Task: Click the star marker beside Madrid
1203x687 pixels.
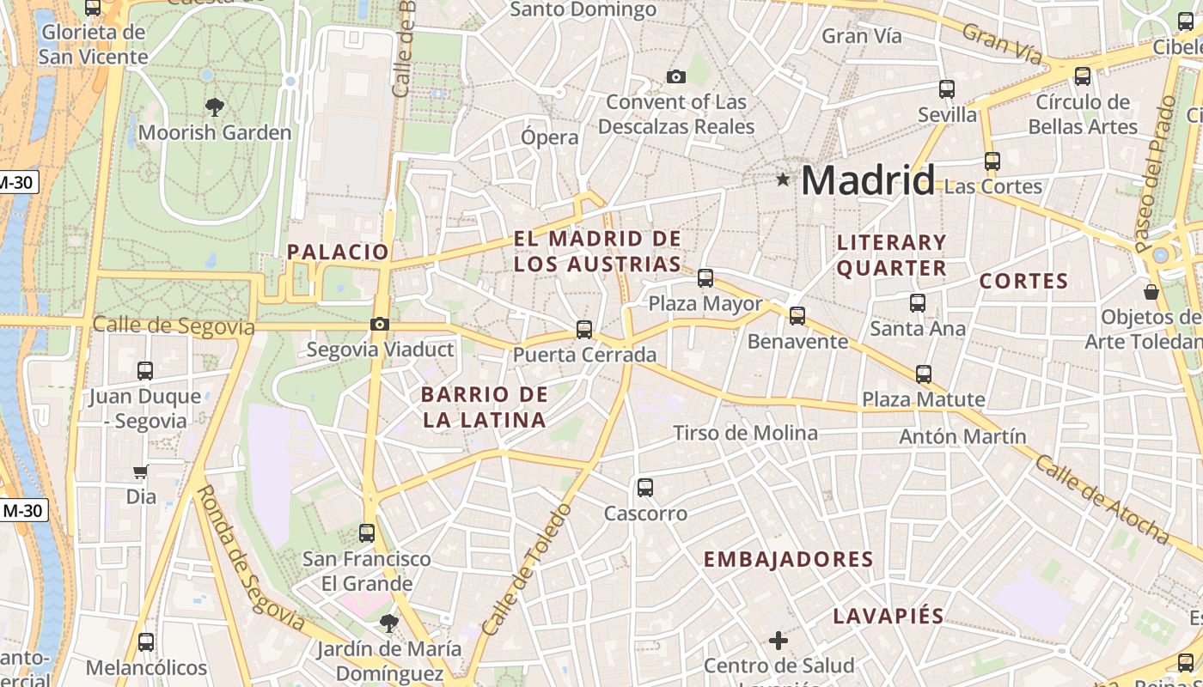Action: pos(782,179)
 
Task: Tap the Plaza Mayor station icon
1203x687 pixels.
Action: pos(705,277)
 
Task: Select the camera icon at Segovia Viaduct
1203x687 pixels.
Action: pos(379,324)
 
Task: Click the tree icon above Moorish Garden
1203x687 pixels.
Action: pos(214,106)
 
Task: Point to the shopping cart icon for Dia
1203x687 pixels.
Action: pos(141,471)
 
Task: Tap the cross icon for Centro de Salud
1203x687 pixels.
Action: pos(779,640)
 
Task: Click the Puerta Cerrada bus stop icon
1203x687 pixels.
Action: pos(584,329)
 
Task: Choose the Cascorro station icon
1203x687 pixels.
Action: pos(645,488)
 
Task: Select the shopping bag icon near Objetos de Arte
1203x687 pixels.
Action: pos(1151,292)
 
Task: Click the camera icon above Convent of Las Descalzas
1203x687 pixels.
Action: pos(676,76)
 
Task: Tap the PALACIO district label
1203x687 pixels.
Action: pos(338,252)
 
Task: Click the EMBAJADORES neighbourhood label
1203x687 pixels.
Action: pos(788,560)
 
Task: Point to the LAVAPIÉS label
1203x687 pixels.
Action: pos(889,616)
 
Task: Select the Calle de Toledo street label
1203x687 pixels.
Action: pos(526,570)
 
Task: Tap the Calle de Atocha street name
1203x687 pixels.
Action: pos(1102,500)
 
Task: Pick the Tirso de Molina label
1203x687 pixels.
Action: pos(745,433)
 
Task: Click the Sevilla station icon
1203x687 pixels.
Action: pos(947,88)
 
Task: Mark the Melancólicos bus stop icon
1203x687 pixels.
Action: pos(146,641)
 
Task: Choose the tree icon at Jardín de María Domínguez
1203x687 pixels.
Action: pos(389,623)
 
